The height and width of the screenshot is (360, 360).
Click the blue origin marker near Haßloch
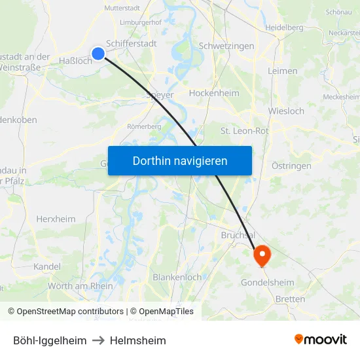pyautogui.click(x=98, y=54)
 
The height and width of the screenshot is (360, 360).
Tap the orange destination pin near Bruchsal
pyautogui.click(x=261, y=255)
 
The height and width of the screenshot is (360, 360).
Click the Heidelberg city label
pyautogui.click(x=284, y=27)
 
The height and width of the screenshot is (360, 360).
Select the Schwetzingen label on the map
pyautogui.click(x=226, y=46)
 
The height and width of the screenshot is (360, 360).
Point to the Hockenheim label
pyautogui.click(x=213, y=94)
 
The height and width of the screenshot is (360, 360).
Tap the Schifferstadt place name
pyautogui.click(x=131, y=43)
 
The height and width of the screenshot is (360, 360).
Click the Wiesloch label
pyautogui.click(x=286, y=111)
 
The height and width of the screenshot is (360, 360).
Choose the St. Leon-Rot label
pyautogui.click(x=245, y=131)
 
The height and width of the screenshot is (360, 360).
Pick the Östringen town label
pyautogui.click(x=291, y=166)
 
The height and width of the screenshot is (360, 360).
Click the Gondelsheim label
pyautogui.click(x=268, y=283)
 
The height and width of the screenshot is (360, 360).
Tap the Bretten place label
pyautogui.click(x=291, y=299)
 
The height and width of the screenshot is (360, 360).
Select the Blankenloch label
pyautogui.click(x=177, y=278)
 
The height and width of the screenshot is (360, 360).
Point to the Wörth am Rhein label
pyautogui.click(x=80, y=286)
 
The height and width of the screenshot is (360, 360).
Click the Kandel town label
pyautogui.click(x=47, y=267)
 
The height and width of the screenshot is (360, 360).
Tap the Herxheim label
pyautogui.click(x=56, y=219)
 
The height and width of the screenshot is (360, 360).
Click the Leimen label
pyautogui.click(x=283, y=71)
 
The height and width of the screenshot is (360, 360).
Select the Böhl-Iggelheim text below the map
pyautogui.click(x=50, y=340)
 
